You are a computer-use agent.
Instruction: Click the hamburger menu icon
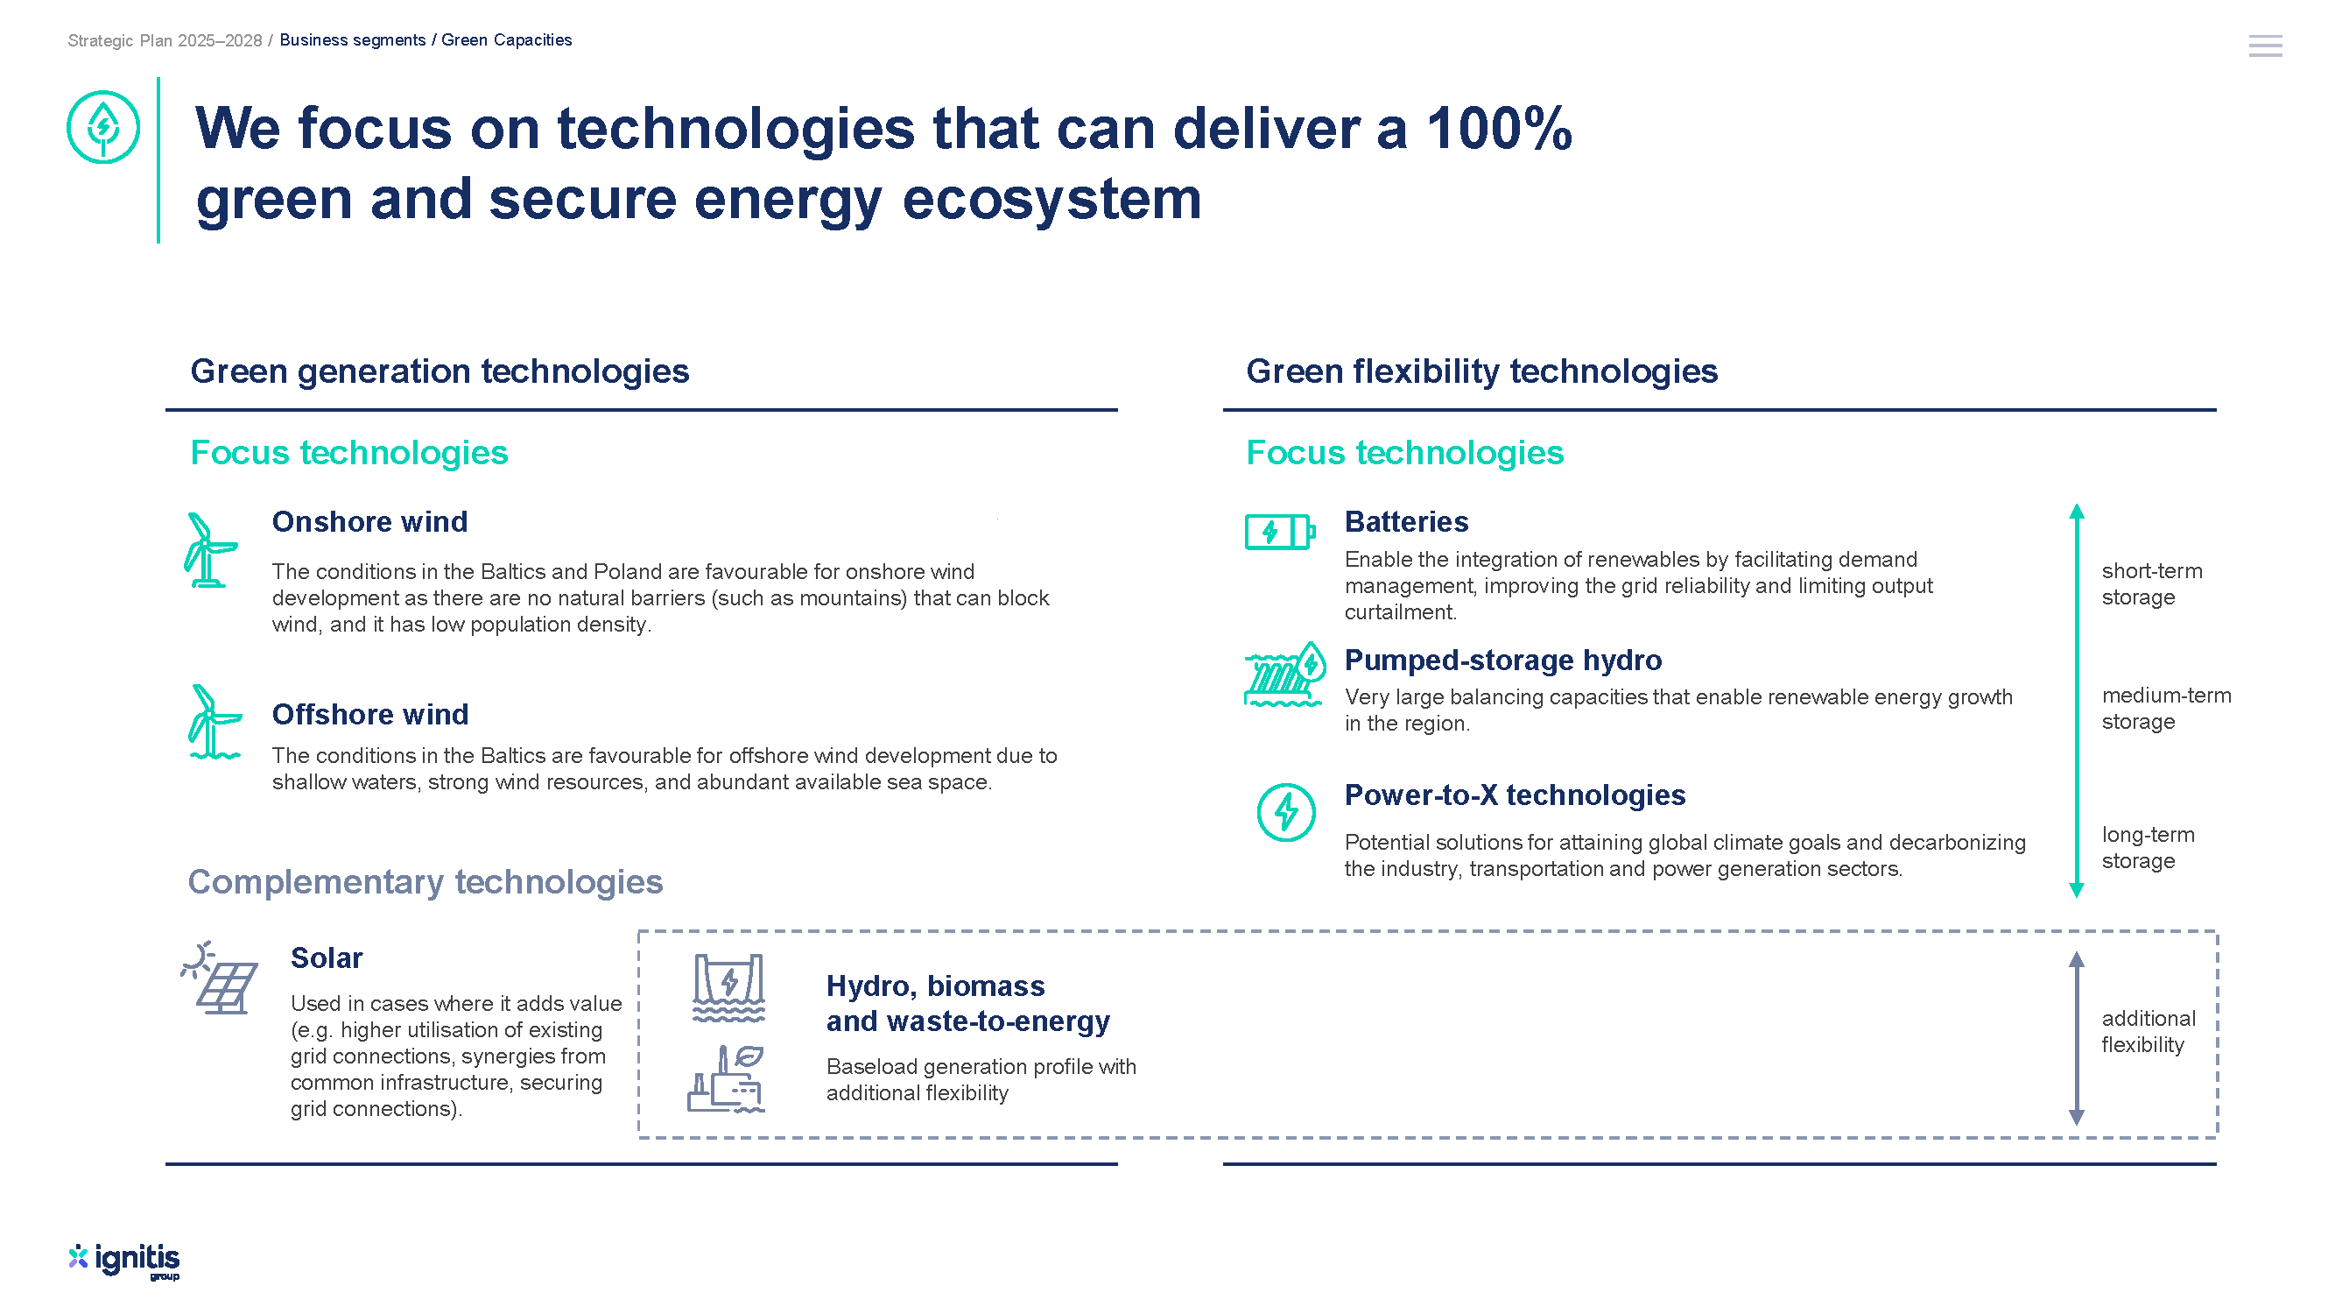coord(2264,46)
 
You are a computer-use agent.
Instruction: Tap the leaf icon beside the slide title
coord(103,127)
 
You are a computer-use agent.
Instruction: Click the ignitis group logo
coord(124,1261)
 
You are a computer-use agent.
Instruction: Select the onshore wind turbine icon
coord(210,550)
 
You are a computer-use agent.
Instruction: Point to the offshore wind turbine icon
coord(215,722)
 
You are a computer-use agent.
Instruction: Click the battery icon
coord(1279,532)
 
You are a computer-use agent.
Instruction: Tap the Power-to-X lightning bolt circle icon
coord(1285,812)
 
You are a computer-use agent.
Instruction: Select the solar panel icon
coord(220,977)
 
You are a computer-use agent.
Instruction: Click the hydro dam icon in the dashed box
coord(728,987)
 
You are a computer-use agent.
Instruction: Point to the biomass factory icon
coord(726,1079)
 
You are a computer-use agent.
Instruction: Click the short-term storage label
coord(2151,584)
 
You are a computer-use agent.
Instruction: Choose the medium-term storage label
coord(2165,708)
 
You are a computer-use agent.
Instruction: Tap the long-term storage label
coord(2148,847)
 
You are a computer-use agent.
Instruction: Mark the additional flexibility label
coord(2148,1031)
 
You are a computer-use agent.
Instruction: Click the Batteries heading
coord(1406,521)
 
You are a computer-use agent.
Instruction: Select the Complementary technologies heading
coord(426,881)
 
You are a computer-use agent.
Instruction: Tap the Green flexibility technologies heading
coord(1481,371)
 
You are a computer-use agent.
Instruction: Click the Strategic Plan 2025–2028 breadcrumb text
coord(164,40)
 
